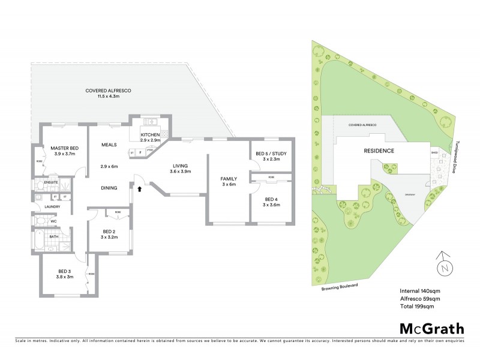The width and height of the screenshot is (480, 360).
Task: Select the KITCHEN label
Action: pos(150,135)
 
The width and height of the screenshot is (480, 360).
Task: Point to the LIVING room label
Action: pos(181,166)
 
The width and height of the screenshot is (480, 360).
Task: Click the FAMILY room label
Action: pos(228,178)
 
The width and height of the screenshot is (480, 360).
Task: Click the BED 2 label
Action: pos(109,231)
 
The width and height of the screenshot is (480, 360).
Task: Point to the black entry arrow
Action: pos(140,189)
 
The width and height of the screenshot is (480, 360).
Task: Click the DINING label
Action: pos(109,187)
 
